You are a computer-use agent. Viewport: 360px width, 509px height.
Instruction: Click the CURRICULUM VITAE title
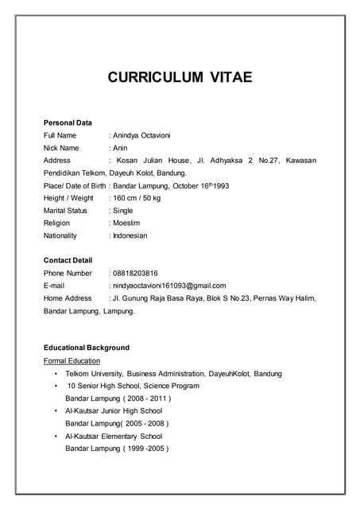point(180,77)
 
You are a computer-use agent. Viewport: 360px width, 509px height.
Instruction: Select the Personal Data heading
point(68,122)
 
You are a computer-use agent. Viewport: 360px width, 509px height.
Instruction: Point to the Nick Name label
point(61,148)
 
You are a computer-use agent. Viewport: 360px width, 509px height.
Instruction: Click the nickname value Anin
point(120,148)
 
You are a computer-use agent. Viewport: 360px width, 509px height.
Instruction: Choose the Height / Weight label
point(68,198)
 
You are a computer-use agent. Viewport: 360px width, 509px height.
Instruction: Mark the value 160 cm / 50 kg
point(137,198)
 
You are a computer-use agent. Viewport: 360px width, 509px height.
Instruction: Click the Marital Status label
point(65,211)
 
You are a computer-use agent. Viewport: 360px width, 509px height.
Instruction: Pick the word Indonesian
point(130,236)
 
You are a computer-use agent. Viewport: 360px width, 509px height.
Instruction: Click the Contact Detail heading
point(68,260)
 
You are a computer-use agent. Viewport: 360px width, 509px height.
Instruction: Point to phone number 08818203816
point(135,273)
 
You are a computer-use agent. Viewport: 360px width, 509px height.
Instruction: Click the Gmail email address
point(168,286)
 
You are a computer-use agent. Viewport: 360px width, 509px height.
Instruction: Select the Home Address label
point(68,298)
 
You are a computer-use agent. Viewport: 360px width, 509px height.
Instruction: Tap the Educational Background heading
point(86,348)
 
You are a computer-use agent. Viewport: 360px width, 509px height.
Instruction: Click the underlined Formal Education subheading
point(72,360)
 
